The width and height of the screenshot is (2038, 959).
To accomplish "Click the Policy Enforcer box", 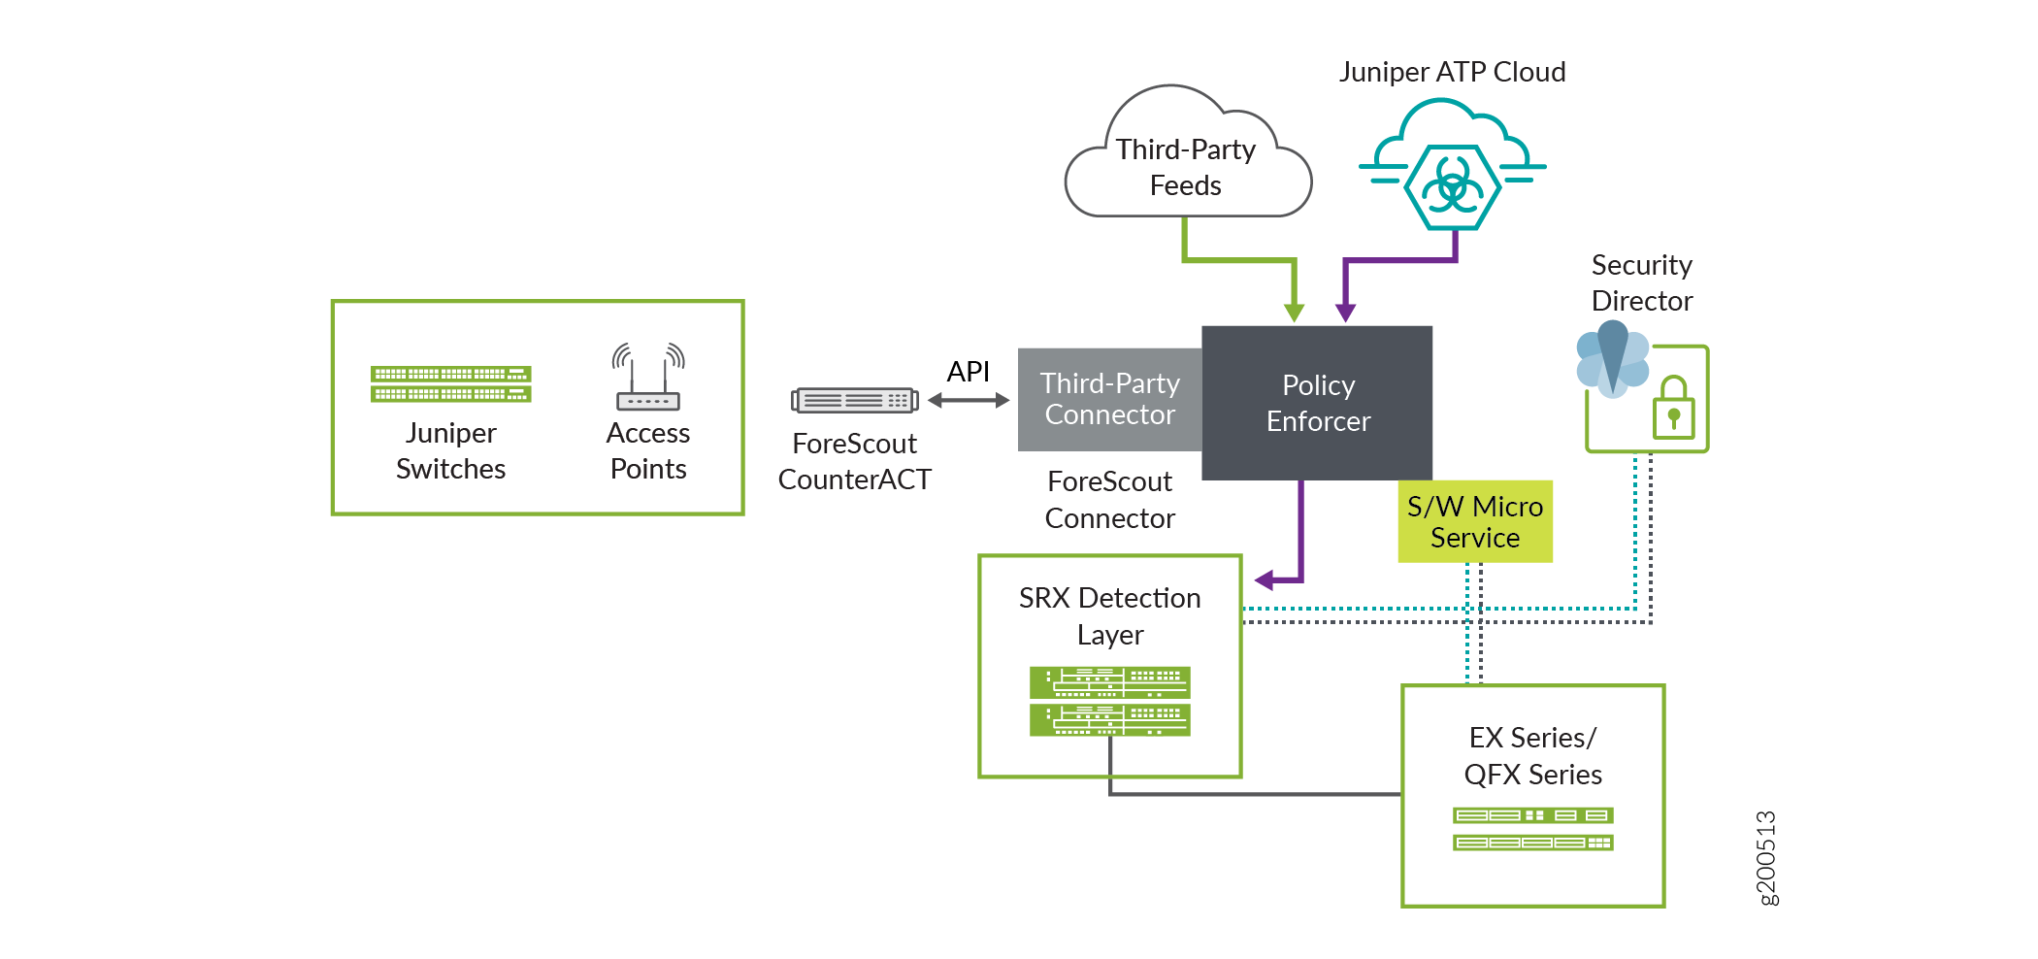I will tap(1317, 403).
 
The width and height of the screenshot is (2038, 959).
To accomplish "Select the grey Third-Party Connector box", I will tap(1109, 399).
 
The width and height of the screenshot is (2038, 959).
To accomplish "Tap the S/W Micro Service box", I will tap(1474, 521).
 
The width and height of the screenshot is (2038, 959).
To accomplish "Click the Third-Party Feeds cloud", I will tap(1186, 166).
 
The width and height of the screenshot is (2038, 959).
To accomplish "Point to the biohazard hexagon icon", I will tap(1452, 186).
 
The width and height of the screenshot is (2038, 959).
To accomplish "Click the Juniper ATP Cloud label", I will tap(1452, 72).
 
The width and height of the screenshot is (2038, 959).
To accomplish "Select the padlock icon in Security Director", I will tap(1673, 411).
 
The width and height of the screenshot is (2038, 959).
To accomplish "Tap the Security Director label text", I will tap(1641, 282).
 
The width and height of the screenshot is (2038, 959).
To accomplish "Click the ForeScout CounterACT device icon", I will tap(854, 400).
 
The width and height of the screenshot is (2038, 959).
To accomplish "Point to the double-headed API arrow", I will tap(969, 400).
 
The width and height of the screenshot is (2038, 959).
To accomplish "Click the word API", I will tap(968, 371).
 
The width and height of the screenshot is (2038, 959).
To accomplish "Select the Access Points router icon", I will tap(648, 378).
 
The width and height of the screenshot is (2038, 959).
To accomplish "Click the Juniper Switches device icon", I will tap(450, 384).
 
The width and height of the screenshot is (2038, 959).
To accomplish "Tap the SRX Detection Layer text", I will tap(1109, 615).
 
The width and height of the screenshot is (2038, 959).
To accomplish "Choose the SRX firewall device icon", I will tap(1109, 701).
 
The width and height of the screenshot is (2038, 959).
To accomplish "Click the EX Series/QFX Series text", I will tap(1532, 755).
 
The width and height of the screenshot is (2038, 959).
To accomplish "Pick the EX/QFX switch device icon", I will tap(1532, 829).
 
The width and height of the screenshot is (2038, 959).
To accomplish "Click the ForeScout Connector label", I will tap(1109, 500).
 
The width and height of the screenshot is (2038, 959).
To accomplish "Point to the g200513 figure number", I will tap(1766, 858).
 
